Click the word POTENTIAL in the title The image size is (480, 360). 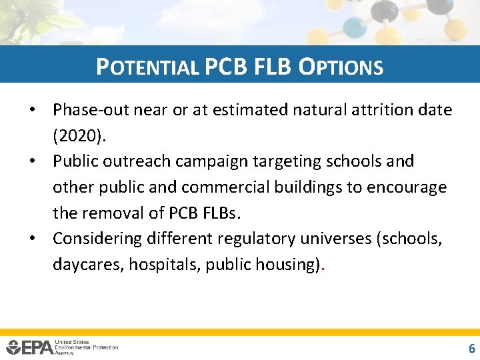(x=147, y=67)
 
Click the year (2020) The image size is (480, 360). (x=79, y=135)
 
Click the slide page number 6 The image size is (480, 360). (x=472, y=348)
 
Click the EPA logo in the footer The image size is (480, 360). (x=30, y=347)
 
